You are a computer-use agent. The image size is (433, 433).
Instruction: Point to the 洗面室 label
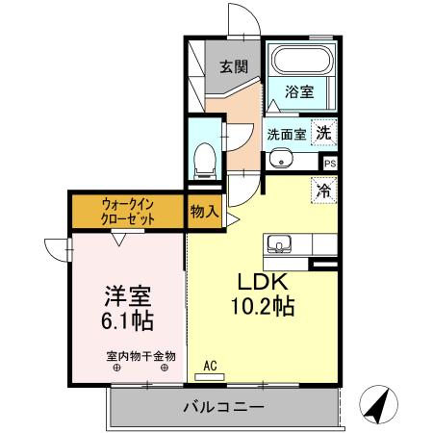pyautogui.click(x=287, y=135)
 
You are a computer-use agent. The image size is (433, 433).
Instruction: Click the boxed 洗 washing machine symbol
pyautogui.click(x=325, y=134)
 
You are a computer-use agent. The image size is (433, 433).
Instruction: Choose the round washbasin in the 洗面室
pyautogui.click(x=280, y=160)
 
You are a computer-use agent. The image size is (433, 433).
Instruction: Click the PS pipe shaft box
pyautogui.click(x=330, y=165)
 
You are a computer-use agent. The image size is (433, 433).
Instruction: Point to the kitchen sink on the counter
pyautogui.click(x=279, y=243)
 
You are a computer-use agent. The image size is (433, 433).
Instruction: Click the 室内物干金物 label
pyautogui.click(x=140, y=356)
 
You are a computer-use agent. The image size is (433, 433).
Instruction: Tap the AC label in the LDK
pyautogui.click(x=212, y=367)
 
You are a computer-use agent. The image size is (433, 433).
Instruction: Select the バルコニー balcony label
pyautogui.click(x=223, y=408)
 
